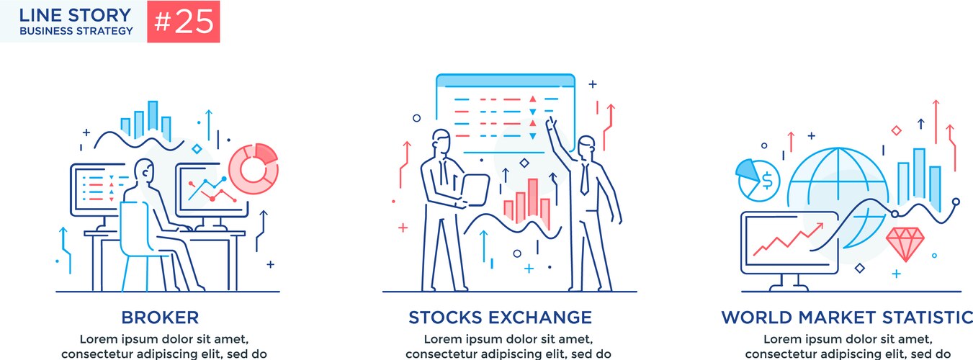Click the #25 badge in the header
pos(184,22)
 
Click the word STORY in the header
pos(99,15)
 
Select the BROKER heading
pos(160,318)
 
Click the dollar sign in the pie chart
pos(767,181)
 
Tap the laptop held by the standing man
pos(475,190)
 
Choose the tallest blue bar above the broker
pos(153,116)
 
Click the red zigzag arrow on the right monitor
pos(788,240)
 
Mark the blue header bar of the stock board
pos(506,81)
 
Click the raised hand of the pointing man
pos(551,125)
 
